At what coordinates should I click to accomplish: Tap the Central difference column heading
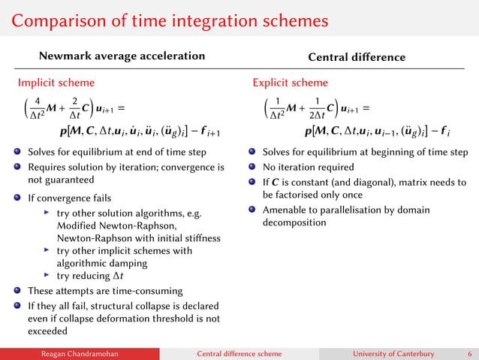[357, 57]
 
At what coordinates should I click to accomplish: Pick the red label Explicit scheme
[291, 83]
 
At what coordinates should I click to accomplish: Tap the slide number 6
[469, 353]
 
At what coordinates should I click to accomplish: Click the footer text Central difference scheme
[239, 353]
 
